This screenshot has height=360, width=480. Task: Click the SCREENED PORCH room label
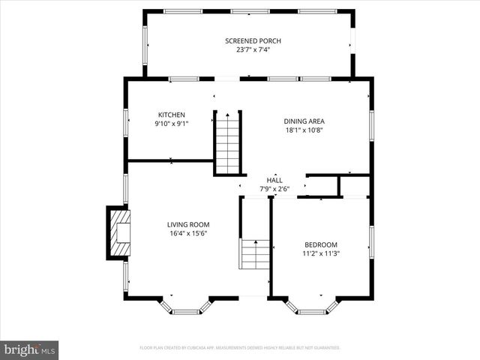click(253, 40)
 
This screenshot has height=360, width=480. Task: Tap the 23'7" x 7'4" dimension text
click(253, 49)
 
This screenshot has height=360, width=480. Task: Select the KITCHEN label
click(171, 115)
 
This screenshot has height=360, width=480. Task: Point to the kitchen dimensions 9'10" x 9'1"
click(171, 124)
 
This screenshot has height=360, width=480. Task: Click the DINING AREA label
click(304, 121)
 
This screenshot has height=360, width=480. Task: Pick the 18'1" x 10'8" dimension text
click(304, 130)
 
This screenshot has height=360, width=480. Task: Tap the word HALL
click(274, 181)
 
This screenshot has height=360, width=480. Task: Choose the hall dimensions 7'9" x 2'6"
click(274, 189)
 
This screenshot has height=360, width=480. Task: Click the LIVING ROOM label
click(187, 224)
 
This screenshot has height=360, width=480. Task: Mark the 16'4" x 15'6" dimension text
click(187, 233)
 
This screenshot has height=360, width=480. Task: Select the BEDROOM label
click(320, 244)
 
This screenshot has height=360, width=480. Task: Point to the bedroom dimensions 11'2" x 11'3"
click(320, 253)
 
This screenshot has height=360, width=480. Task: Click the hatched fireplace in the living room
click(119, 232)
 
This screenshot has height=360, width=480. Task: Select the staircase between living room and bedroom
click(255, 254)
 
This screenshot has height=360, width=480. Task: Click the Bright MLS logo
click(30, 349)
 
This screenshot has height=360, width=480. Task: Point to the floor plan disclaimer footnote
click(240, 348)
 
